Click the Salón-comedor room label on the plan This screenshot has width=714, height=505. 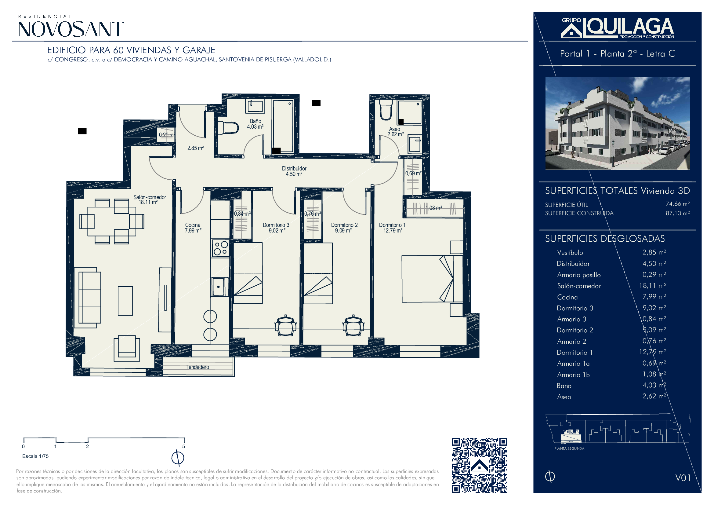[x=150, y=199]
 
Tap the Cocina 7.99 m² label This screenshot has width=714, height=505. [x=193, y=228]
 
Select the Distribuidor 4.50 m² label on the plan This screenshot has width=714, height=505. [x=294, y=171]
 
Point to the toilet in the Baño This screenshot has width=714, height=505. [x=228, y=128]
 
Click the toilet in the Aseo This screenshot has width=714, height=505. [x=386, y=110]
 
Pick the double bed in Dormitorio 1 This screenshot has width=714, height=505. [x=432, y=279]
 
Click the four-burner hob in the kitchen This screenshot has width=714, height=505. [x=220, y=248]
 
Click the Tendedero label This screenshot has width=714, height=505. [x=197, y=367]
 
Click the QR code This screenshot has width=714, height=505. [x=479, y=465]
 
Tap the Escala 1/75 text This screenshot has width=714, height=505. [x=35, y=456]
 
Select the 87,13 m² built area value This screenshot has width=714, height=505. [x=678, y=213]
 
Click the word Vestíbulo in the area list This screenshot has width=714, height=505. [x=570, y=253]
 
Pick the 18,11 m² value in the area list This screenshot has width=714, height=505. [x=652, y=285]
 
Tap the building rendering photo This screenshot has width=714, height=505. [x=617, y=123]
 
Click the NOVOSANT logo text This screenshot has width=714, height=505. [x=71, y=29]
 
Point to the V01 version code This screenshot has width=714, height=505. [x=683, y=478]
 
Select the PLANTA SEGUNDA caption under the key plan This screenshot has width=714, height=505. [x=569, y=448]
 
